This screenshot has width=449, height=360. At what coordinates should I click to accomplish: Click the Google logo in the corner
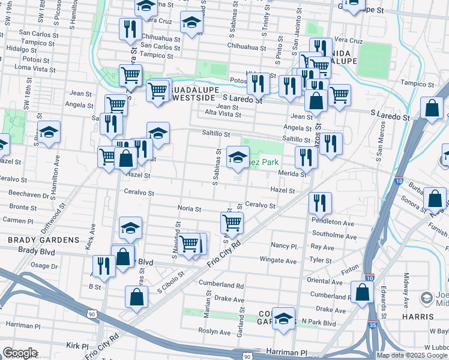pyautogui.click(x=20, y=353)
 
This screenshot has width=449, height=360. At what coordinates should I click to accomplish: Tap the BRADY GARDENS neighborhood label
pyautogui.click(x=40, y=240)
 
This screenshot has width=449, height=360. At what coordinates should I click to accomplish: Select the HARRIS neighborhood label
pyautogui.click(x=419, y=316)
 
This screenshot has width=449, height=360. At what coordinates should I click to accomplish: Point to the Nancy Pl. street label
pyautogui.click(x=284, y=246)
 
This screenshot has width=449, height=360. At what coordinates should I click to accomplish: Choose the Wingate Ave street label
pyautogui.click(x=278, y=260)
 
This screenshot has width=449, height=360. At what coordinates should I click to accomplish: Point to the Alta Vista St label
pyautogui.click(x=223, y=113)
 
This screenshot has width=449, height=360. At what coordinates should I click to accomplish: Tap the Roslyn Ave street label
pyautogui.click(x=216, y=332)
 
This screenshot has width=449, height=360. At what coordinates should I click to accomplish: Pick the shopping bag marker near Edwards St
pyautogui.click(x=362, y=292)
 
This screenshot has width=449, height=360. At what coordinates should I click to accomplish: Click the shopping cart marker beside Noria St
pyautogui.click(x=232, y=223)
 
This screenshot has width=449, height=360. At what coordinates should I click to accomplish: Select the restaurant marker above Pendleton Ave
pyautogui.click(x=320, y=203)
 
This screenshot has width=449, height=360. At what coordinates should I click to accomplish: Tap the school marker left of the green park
pyautogui.click(x=238, y=158)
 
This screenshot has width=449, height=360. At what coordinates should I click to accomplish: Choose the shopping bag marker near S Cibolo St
pyautogui.click(x=137, y=296)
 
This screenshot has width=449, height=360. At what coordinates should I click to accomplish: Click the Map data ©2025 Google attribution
pyautogui.click(x=412, y=355)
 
